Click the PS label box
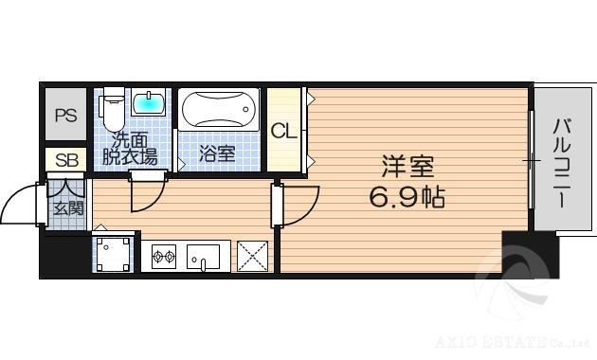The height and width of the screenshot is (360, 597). [x=65, y=117]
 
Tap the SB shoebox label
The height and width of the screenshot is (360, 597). [x=65, y=160]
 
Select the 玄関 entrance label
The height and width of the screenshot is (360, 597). [x=66, y=208]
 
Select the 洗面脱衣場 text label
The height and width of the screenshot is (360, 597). [x=129, y=149]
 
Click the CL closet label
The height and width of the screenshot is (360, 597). [x=283, y=131]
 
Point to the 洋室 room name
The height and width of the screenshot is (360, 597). [x=407, y=168]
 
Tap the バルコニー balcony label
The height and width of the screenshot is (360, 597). [x=561, y=163]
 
